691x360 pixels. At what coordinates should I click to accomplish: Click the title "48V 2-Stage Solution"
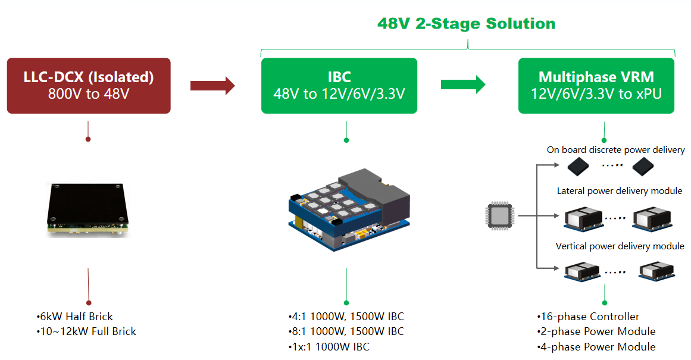coord(466,24)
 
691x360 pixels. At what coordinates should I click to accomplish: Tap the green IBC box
coord(339,85)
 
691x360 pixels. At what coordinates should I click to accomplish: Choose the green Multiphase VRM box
coord(596,85)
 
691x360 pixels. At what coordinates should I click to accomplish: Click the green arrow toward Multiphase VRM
coord(462,84)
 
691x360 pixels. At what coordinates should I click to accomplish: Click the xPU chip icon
coord(499,215)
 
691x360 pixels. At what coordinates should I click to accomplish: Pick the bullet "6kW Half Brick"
coord(74,317)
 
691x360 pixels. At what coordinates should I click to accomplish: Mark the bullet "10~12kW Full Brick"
coord(86,331)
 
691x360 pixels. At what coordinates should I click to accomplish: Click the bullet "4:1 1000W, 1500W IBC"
coord(345,317)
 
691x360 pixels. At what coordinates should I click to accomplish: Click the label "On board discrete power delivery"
coord(615,150)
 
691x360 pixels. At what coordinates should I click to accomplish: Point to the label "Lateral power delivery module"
coord(620,191)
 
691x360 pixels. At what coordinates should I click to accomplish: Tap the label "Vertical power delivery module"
coord(620,246)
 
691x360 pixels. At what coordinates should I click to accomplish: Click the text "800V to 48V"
coord(89,93)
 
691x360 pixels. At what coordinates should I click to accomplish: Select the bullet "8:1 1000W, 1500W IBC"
coord(345,331)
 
